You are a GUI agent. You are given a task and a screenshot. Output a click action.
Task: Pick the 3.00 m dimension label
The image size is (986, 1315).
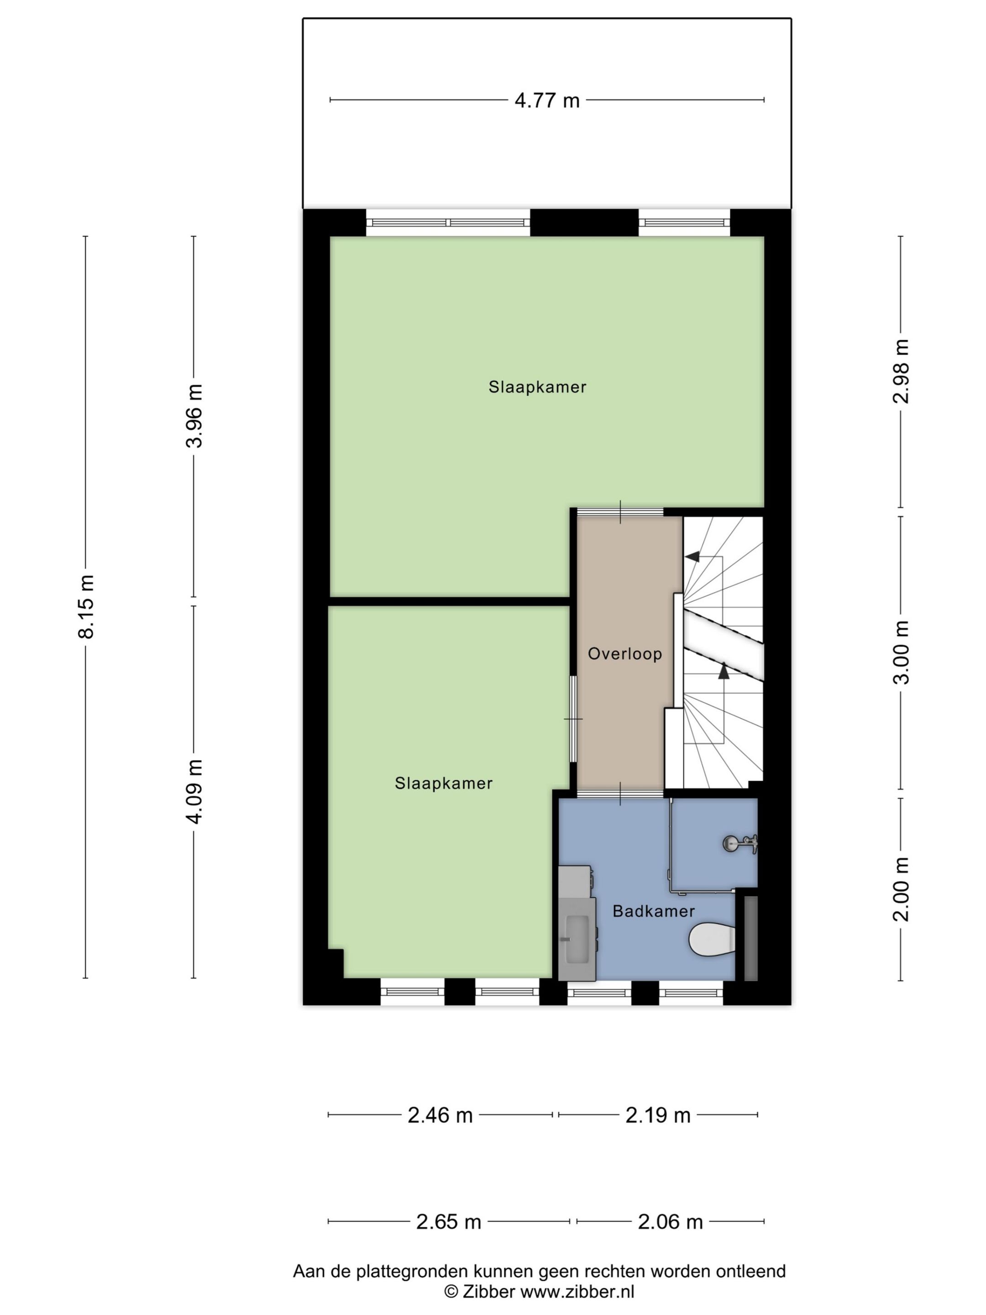click(901, 652)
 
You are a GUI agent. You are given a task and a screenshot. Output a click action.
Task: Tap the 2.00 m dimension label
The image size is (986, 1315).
click(901, 889)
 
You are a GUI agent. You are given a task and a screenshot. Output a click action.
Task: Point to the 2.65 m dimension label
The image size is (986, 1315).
click(448, 1222)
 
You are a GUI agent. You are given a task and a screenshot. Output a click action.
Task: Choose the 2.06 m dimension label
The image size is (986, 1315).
click(670, 1222)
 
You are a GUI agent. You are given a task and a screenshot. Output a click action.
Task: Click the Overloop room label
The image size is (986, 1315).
click(624, 654)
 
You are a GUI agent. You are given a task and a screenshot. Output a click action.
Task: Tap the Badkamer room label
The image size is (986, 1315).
click(653, 911)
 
